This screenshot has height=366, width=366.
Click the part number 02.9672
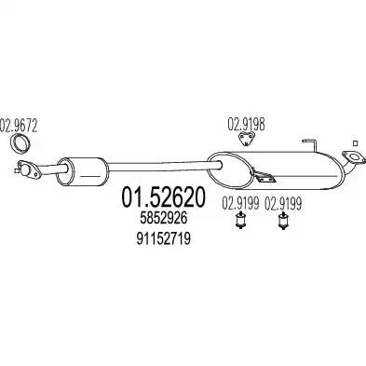coord(19,126)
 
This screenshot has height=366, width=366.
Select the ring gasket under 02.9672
coord(20,143)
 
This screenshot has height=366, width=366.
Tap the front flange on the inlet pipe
coord(29,169)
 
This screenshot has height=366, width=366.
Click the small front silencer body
coord(83,171)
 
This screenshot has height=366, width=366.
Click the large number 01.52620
coord(163,197)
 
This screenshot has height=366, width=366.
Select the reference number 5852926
coord(164,219)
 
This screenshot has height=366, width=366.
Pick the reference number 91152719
coord(163,238)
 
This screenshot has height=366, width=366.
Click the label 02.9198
coord(247,125)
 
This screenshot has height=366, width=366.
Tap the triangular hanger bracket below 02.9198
coord(247,139)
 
